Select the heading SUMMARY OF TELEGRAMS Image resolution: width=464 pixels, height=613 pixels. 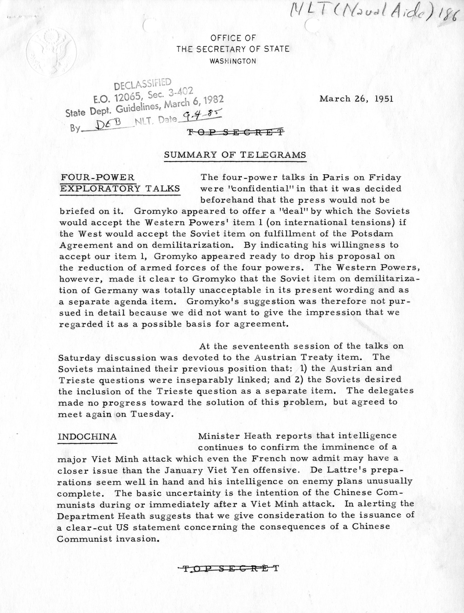[x=235, y=155]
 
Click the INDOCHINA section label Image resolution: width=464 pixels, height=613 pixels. [x=87, y=436]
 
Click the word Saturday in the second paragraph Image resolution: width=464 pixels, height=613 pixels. [x=79, y=357]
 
